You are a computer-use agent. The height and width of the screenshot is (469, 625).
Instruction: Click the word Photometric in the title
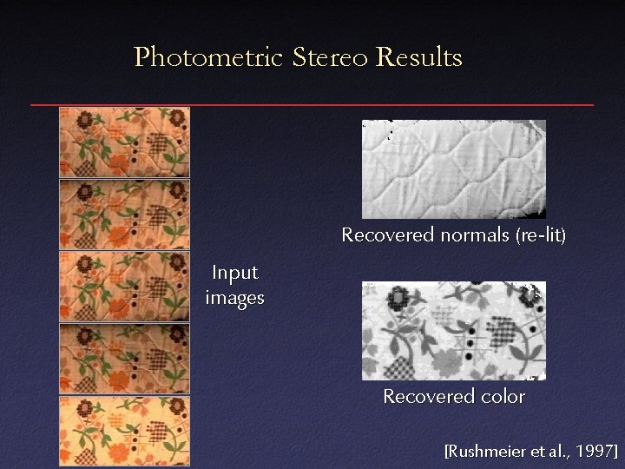(209, 57)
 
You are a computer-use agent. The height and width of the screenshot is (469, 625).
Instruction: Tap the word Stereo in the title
(331, 57)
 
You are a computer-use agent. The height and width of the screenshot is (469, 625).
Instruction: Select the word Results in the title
(419, 57)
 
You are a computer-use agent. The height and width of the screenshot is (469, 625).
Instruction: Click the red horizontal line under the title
(312, 105)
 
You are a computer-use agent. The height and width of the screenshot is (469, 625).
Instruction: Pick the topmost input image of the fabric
(124, 142)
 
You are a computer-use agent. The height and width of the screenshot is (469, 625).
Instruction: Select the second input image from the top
(124, 215)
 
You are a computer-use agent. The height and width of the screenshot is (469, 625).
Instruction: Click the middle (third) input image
(124, 287)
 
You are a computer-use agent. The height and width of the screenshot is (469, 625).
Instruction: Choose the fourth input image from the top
(124, 359)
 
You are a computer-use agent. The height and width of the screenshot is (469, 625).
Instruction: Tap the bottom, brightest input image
(124, 431)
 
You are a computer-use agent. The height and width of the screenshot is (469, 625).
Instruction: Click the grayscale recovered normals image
(453, 168)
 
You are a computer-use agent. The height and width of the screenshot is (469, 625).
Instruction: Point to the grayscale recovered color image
(453, 331)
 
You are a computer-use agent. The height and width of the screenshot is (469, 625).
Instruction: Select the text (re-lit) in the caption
(541, 235)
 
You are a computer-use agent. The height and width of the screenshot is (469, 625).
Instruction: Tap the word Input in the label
(235, 274)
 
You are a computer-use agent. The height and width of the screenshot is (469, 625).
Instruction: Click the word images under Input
(235, 299)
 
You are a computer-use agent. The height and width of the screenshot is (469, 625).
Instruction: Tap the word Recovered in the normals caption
(387, 235)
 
